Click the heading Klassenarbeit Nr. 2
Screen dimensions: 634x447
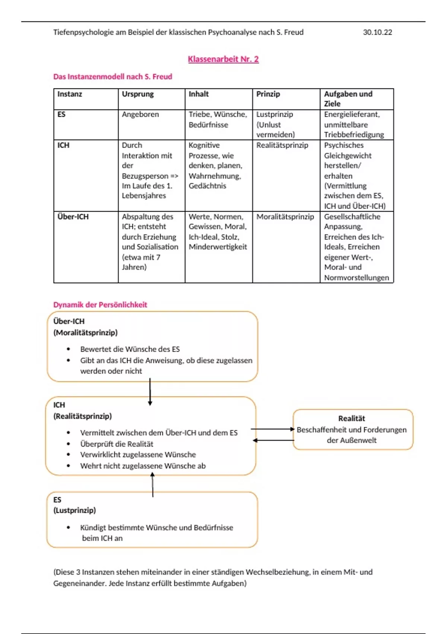[x=223, y=59]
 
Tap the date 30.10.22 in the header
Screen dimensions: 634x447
[x=377, y=32]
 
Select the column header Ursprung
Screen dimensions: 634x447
[x=138, y=94]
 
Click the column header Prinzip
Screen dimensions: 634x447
[x=268, y=94]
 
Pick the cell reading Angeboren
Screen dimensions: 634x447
[x=140, y=114]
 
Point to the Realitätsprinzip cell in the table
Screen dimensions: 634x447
[x=282, y=145]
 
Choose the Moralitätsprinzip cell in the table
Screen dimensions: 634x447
[x=285, y=217]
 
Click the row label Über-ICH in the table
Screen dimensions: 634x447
[x=73, y=217]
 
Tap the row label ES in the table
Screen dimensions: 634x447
[x=61, y=114]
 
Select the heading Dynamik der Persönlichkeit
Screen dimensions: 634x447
[x=100, y=305]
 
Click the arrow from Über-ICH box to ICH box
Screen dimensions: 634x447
[x=150, y=392]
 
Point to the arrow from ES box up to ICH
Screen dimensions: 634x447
[x=152, y=485]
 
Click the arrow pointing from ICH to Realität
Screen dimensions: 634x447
[x=273, y=429]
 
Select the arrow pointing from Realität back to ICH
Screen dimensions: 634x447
[x=273, y=440]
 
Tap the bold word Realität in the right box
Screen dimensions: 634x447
[x=351, y=418]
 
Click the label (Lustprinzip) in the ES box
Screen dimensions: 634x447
[x=74, y=510]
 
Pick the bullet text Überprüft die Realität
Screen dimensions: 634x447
[x=117, y=444]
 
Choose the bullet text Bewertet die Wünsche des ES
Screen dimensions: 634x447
[x=130, y=349]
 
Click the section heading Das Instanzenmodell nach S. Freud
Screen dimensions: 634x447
[x=112, y=76]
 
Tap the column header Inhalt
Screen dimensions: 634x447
[x=199, y=94]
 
